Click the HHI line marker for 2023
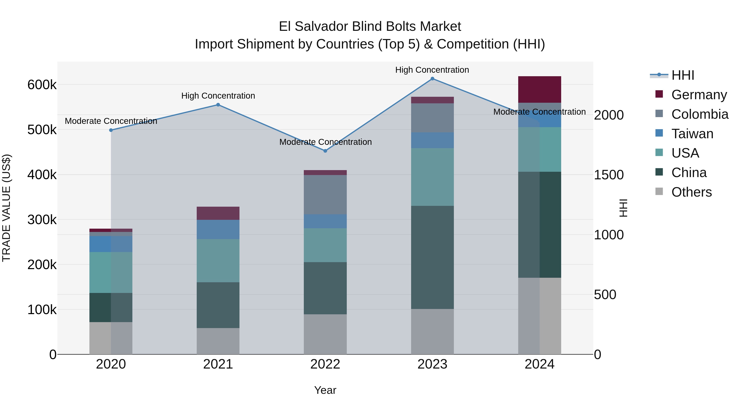click(432, 79)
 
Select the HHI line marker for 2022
click(325, 151)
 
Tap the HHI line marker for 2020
click(111, 130)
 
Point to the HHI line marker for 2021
click(218, 105)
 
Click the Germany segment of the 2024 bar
click(540, 90)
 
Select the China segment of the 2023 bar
click(432, 257)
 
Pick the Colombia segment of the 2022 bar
click(325, 195)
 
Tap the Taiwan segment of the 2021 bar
click(218, 229)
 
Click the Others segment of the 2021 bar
click(218, 341)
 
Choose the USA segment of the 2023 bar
click(432, 177)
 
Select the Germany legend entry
click(699, 95)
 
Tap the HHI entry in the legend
click(682, 75)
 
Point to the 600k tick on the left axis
click(42, 85)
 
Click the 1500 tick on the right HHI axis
click(609, 175)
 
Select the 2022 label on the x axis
click(325, 364)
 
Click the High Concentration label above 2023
click(432, 70)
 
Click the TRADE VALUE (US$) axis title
click(6, 208)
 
